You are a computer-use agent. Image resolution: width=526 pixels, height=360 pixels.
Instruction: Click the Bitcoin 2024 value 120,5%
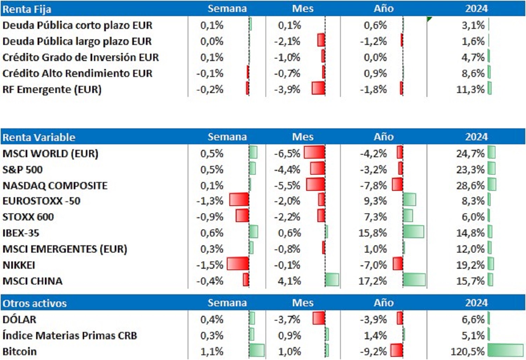click(x=467, y=351)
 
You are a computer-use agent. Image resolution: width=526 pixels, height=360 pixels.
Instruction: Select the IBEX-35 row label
click(x=21, y=233)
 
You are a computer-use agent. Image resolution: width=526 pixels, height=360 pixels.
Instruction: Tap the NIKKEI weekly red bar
click(x=238, y=264)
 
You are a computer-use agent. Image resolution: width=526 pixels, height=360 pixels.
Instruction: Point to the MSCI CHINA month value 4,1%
click(x=289, y=281)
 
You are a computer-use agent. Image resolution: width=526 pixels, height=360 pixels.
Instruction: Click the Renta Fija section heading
click(x=27, y=9)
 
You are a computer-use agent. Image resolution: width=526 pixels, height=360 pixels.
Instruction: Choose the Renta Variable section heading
click(x=39, y=137)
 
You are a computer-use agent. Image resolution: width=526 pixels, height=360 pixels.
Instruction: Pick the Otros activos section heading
click(x=34, y=303)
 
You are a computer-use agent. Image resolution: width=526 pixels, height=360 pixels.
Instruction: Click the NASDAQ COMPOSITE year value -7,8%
click(x=373, y=185)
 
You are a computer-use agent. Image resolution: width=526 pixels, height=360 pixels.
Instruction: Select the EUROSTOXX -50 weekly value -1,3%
click(x=210, y=201)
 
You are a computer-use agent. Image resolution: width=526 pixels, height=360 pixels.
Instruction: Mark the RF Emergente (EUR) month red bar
click(x=318, y=88)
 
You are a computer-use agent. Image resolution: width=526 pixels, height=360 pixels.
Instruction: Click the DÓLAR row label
click(x=19, y=319)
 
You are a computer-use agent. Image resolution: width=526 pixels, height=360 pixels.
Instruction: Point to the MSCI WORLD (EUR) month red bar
click(x=314, y=152)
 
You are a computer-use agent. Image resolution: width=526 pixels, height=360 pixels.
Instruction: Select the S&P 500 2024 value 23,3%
click(x=470, y=169)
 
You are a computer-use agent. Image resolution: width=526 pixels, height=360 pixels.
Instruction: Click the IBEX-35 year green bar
click(x=413, y=232)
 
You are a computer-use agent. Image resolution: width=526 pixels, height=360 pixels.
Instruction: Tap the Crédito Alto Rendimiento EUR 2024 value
click(x=473, y=73)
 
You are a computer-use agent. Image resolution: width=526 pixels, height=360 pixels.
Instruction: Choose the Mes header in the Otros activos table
click(x=303, y=303)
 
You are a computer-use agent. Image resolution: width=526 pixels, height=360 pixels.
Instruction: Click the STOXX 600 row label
click(x=28, y=217)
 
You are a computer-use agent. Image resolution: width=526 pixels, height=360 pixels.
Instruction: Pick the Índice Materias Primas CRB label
click(x=69, y=335)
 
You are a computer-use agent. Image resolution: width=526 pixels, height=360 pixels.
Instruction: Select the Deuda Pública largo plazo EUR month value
click(x=287, y=41)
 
